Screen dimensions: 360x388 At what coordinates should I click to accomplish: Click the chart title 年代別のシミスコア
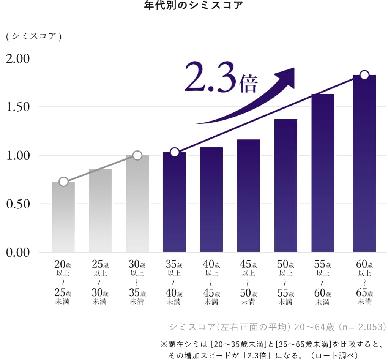(x=194, y=6)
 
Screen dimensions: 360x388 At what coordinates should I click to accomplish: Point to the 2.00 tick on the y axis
(x=17, y=59)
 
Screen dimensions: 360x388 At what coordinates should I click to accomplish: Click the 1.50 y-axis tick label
(x=17, y=107)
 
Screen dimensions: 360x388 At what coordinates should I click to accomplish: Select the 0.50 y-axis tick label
(x=17, y=204)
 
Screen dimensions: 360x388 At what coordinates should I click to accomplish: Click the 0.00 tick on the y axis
(x=17, y=253)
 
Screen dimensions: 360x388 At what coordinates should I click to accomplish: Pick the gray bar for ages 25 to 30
(x=100, y=211)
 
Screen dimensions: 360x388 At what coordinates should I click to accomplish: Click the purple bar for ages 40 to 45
(x=211, y=199)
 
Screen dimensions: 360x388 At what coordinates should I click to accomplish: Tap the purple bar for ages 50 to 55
(x=285, y=186)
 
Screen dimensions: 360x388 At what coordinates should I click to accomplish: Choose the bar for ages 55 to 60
(x=323, y=173)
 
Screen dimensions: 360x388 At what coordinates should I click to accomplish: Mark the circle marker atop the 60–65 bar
(x=364, y=75)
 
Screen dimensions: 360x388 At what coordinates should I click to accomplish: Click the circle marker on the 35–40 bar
(x=174, y=152)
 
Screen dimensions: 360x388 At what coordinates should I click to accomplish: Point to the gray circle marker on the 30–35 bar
(x=137, y=155)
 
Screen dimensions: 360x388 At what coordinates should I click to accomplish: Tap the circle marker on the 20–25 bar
(x=63, y=182)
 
